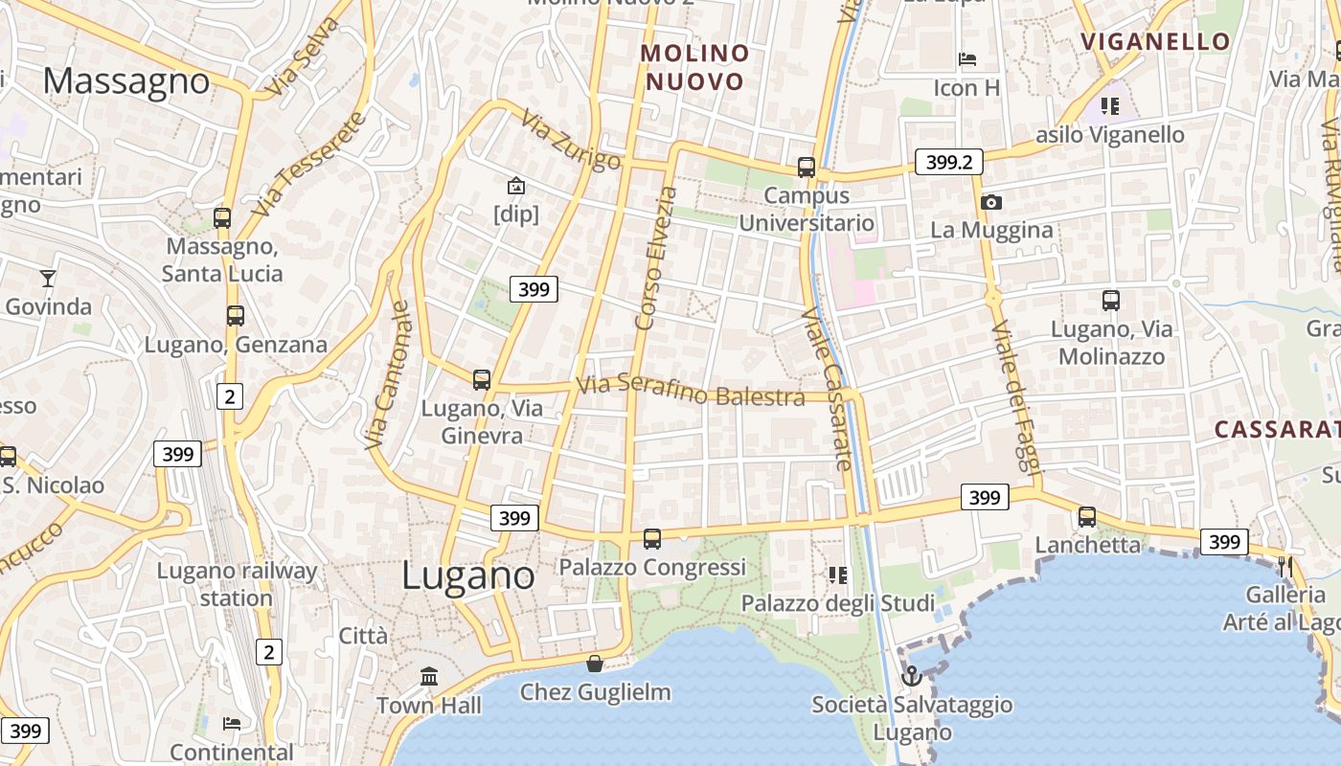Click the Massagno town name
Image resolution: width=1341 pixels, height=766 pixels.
point(125,81)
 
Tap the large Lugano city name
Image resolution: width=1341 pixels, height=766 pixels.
point(467,575)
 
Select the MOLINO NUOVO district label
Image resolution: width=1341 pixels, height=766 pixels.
point(695,67)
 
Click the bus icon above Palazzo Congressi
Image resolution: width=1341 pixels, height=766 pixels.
point(652,539)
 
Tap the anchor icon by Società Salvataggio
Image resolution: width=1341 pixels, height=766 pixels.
point(912,677)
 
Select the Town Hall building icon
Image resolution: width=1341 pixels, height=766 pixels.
point(429,677)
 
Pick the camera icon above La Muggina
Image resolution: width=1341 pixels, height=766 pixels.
point(991,202)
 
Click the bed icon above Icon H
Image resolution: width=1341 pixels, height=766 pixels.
point(967,59)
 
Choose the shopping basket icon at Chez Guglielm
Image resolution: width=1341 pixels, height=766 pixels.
point(595,664)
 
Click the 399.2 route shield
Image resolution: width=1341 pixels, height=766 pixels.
point(949,163)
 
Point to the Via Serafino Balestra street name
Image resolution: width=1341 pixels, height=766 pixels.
point(690,391)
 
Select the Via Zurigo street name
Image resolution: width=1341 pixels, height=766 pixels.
point(571,140)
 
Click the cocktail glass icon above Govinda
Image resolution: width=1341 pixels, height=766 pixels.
point(47,279)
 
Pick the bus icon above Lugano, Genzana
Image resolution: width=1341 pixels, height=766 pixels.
point(235,316)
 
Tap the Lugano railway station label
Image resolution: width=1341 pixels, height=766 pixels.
point(237,584)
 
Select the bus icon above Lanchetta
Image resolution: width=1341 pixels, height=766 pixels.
point(1087,517)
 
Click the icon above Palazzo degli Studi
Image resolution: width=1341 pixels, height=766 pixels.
point(838,575)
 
